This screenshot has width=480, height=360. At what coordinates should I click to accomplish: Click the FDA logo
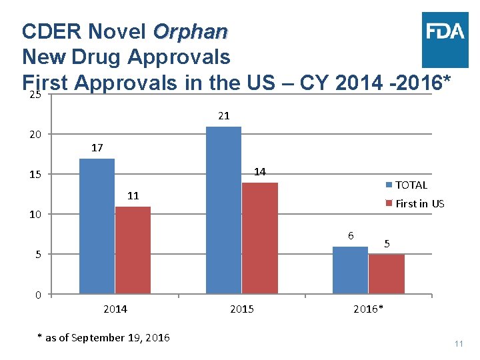click(444, 31)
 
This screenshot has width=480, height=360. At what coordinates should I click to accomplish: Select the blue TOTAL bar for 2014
click(97, 226)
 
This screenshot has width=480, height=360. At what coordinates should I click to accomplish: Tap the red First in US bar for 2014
click(133, 250)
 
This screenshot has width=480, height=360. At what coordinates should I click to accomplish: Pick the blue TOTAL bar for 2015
click(224, 210)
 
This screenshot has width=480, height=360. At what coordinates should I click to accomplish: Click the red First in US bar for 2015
click(260, 238)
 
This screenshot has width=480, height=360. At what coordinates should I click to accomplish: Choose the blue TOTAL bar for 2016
click(350, 270)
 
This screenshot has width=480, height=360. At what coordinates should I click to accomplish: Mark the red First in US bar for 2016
click(386, 274)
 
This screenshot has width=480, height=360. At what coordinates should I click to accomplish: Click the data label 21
click(224, 116)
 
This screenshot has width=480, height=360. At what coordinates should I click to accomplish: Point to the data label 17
click(97, 148)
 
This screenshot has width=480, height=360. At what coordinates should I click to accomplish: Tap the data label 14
click(260, 172)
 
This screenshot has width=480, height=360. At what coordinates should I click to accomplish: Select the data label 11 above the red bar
click(133, 196)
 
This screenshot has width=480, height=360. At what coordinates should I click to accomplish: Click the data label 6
click(351, 236)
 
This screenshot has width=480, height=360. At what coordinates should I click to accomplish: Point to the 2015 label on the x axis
click(242, 309)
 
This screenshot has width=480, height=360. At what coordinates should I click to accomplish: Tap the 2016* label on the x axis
click(368, 309)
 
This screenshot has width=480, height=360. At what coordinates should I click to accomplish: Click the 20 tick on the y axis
click(35, 135)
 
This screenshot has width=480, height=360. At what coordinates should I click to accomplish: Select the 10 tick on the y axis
click(35, 215)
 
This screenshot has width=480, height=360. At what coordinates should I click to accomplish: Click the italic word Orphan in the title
click(190, 32)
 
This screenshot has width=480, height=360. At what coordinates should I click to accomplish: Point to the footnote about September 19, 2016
click(103, 338)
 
